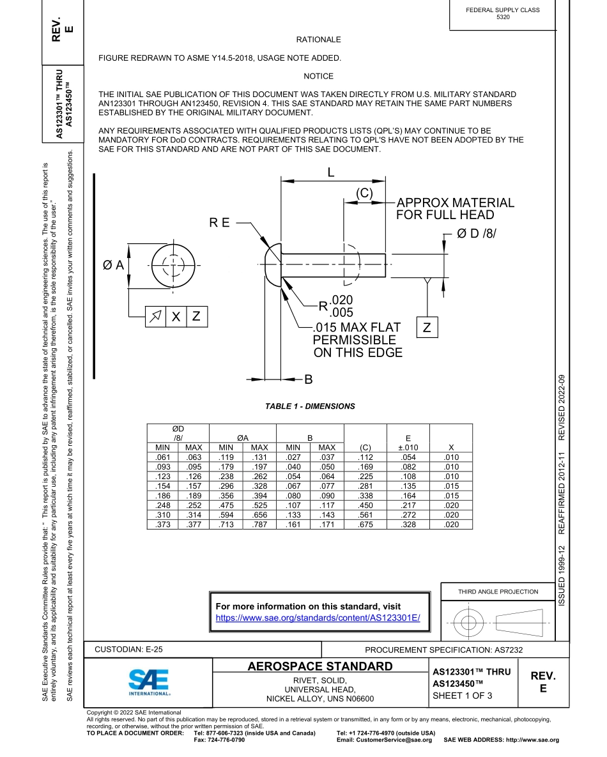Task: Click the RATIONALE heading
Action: coord(318,40)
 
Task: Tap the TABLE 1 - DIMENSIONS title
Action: coord(310,406)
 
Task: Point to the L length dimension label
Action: coord(331,172)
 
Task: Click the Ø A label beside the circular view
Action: coord(113,264)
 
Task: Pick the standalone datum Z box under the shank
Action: coord(427,328)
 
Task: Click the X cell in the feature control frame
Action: coord(176,316)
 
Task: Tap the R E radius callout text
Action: coord(219,222)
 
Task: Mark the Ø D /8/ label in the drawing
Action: coord(477,234)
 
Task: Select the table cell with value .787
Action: coord(259,524)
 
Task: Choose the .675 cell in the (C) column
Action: coord(365,524)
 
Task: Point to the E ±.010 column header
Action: coord(408,443)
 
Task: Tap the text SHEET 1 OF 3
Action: coord(462,696)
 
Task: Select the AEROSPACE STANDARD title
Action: coord(319,667)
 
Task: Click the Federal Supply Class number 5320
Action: coord(503,17)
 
